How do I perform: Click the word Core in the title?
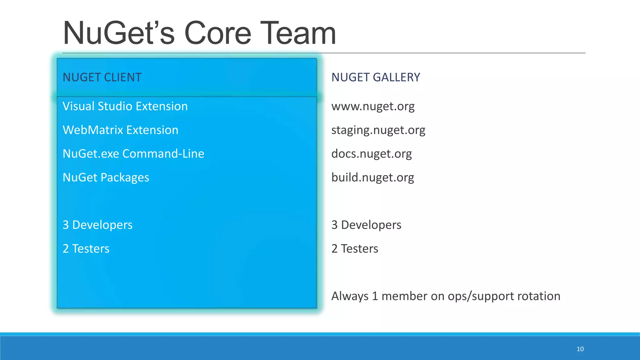pos(218,33)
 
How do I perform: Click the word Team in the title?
pos(298,33)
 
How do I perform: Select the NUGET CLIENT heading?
pos(102,77)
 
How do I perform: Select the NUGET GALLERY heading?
pos(376,77)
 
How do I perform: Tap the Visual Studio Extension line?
pos(125,106)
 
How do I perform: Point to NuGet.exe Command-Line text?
pos(133,154)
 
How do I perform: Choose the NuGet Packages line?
pos(106,177)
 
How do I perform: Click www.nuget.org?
pos(373,107)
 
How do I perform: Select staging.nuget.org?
pos(378,130)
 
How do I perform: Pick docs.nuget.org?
pos(371,154)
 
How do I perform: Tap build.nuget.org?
pos(372,177)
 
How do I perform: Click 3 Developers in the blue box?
pos(97,225)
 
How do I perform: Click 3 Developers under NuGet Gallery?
pos(366,225)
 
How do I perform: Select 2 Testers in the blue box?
pos(86,249)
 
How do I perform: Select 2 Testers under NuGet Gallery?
pos(355,249)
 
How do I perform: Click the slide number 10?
pos(580,349)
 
